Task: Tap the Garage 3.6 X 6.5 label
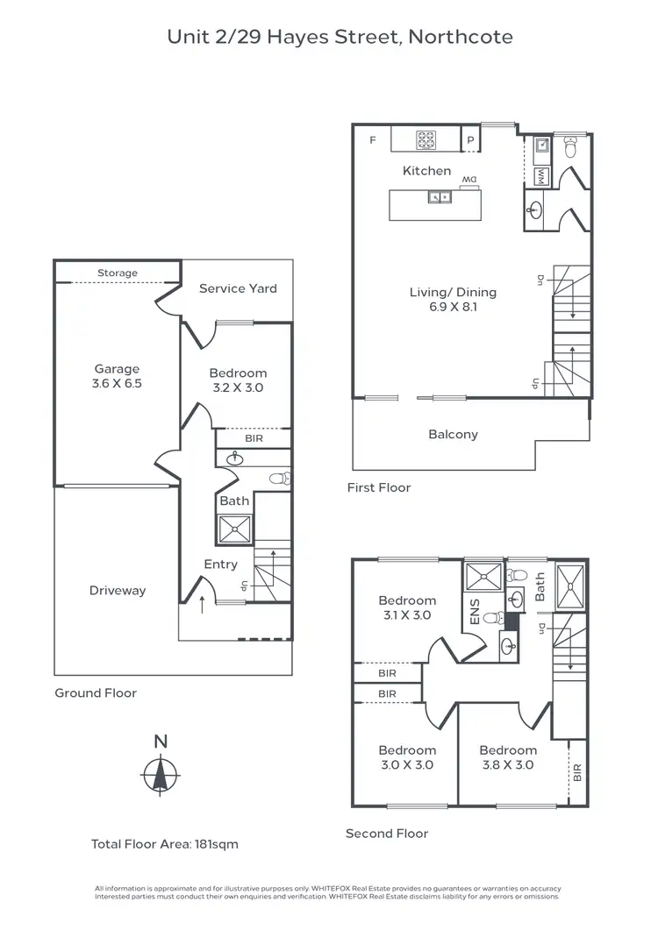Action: coord(118,377)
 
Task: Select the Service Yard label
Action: coord(238,288)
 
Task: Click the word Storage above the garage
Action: coord(118,273)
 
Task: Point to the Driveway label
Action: coord(118,591)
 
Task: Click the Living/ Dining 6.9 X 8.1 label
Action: coord(453,300)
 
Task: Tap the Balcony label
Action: coord(453,434)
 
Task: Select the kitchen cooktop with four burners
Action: coord(426,139)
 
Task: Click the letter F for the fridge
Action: coord(372,140)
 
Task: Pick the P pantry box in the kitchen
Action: coord(470,140)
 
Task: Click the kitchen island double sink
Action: coord(440,197)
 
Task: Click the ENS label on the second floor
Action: coord(475,611)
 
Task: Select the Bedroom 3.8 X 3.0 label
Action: coord(508,757)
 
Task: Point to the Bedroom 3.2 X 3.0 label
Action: coord(238,380)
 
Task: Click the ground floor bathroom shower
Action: coord(234,528)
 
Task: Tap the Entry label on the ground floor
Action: coord(220,564)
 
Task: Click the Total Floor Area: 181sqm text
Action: coord(165,844)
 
